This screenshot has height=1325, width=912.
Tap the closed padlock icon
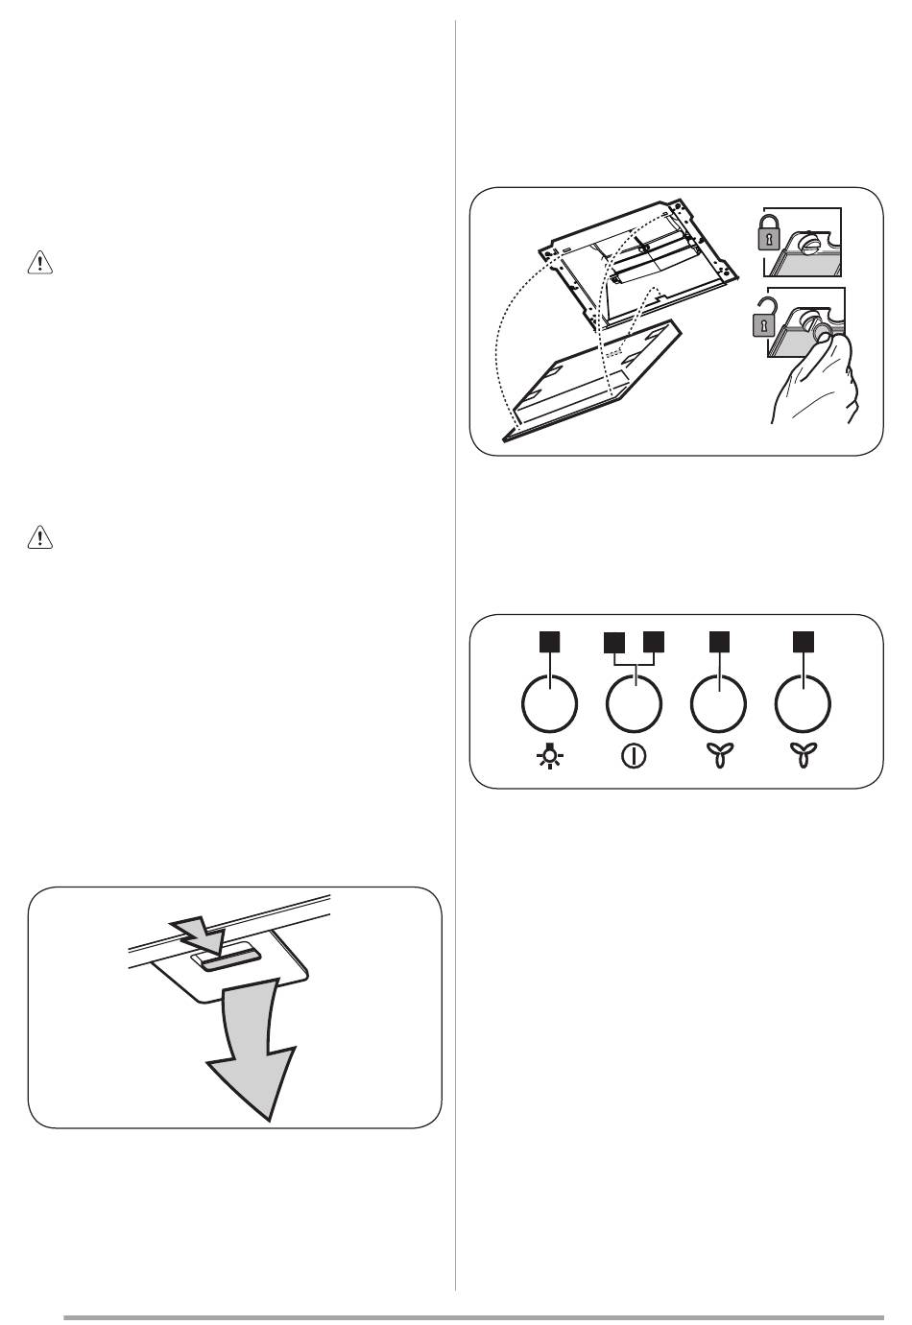(767, 232)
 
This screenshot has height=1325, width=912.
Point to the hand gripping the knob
(817, 384)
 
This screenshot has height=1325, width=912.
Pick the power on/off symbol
(634, 756)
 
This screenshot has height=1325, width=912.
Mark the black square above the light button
(549, 641)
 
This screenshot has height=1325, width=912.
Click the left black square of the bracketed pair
(613, 642)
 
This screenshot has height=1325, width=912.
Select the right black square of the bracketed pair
(655, 642)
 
